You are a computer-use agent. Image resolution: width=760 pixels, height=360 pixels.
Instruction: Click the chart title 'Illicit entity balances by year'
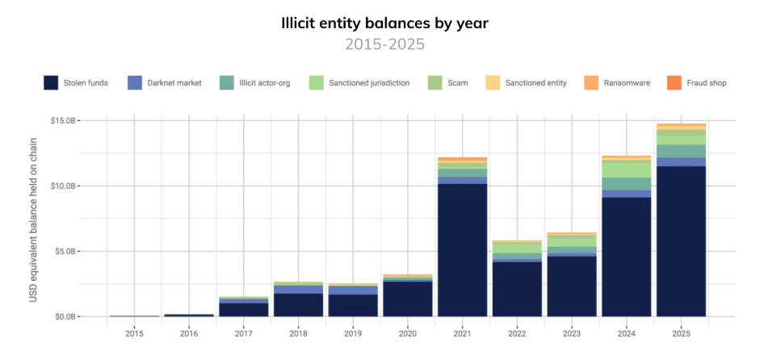click(380, 22)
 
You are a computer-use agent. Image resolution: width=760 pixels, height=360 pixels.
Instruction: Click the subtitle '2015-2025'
click(380, 44)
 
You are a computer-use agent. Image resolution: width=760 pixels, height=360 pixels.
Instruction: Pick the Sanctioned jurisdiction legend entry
click(360, 82)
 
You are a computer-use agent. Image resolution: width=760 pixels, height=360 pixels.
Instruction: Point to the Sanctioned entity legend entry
click(526, 82)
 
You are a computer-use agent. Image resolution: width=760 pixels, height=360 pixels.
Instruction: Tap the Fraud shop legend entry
click(697, 82)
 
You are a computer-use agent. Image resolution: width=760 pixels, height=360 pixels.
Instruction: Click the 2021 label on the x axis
click(463, 332)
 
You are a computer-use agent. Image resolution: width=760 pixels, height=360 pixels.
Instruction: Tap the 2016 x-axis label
click(189, 332)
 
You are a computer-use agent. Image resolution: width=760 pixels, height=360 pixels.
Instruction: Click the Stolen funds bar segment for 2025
click(682, 241)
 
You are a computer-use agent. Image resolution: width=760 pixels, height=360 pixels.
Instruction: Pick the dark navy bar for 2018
click(298, 304)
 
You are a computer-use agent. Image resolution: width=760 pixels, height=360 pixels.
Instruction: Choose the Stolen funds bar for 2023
click(572, 286)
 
